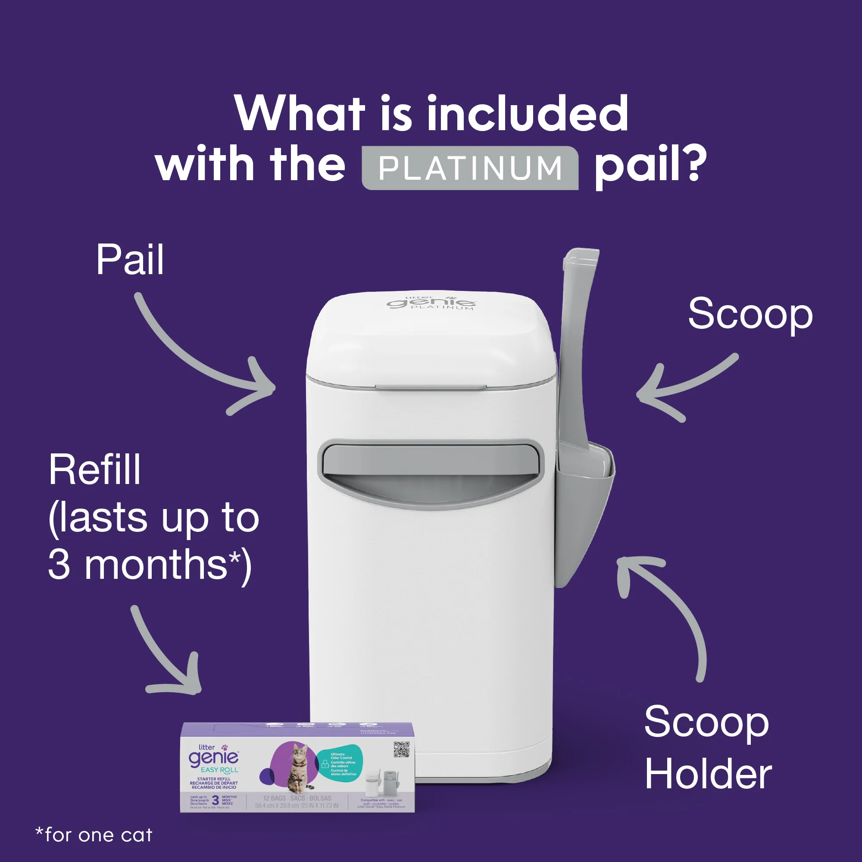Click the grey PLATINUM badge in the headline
point(470,168)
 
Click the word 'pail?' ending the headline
point(650,166)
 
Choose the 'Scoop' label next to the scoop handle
point(750,315)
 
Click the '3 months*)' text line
point(150,565)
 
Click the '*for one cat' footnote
point(94,835)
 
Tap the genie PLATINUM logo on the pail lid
point(431,303)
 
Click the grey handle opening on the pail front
point(431,473)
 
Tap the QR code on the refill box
point(402,749)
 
